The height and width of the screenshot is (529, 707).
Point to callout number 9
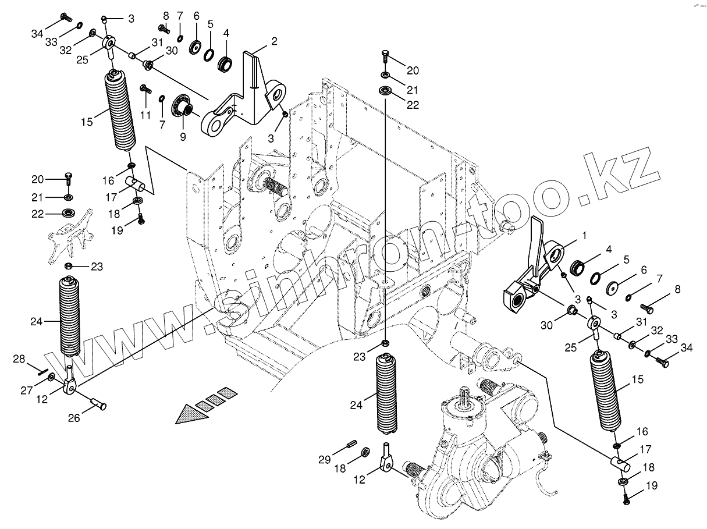[x=182, y=137]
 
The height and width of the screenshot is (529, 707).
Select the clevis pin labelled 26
[x=100, y=402]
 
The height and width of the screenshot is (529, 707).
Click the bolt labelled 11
[x=145, y=90]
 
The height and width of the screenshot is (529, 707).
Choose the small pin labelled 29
[x=351, y=445]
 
